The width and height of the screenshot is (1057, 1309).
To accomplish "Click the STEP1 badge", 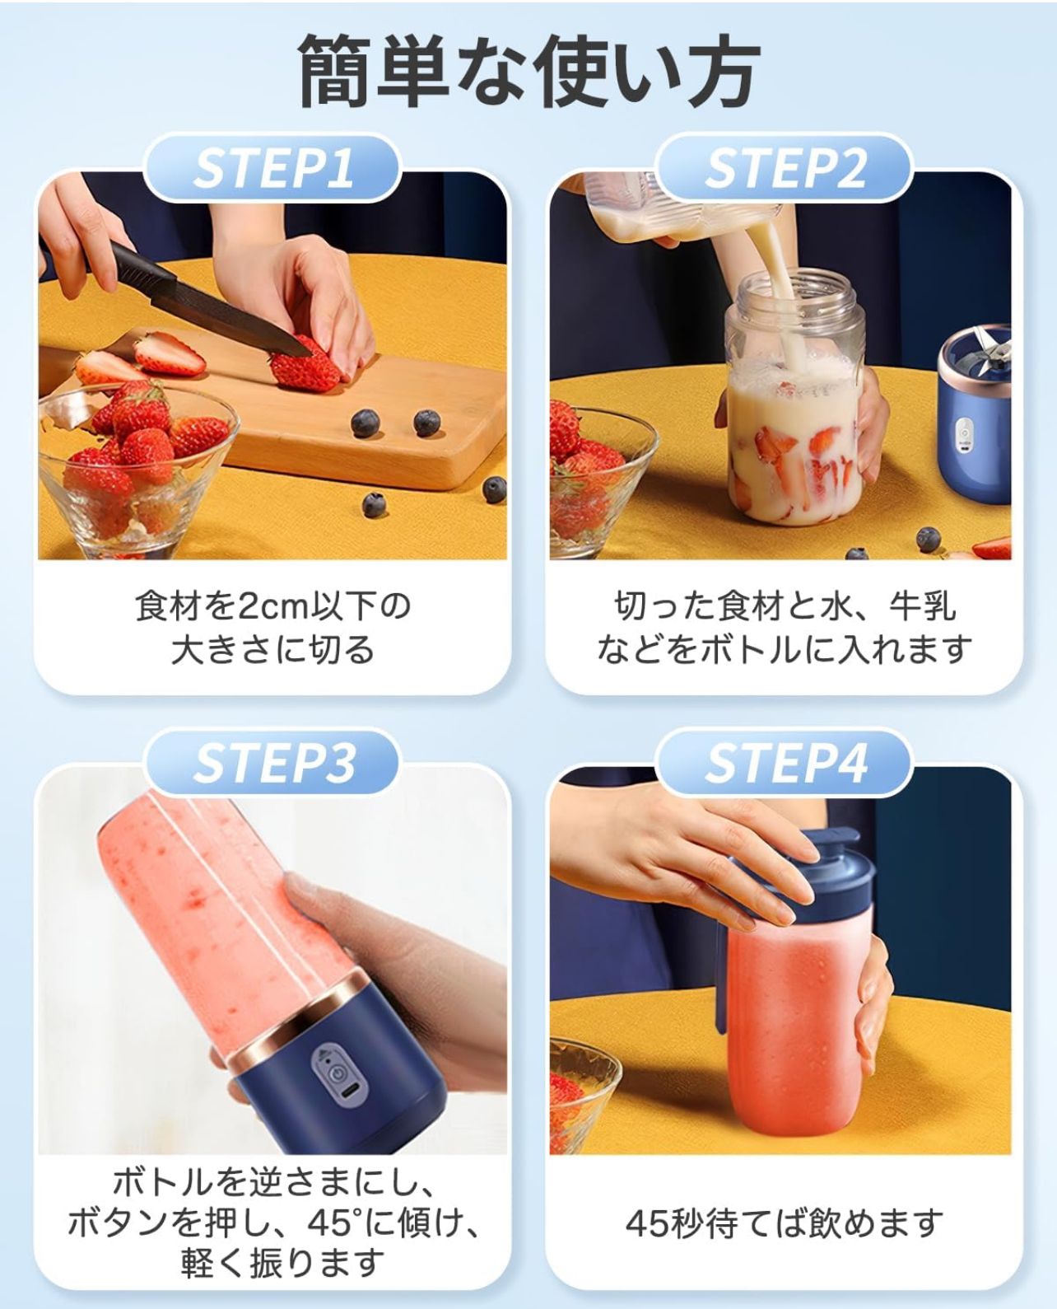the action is pos(272,168).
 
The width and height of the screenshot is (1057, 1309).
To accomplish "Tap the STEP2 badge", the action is pos(784,168).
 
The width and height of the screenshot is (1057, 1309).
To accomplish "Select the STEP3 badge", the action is pos(272,762).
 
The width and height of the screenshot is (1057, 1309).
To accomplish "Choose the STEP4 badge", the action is pos(784,762).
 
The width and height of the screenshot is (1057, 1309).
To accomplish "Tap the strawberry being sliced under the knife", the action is pos(304,367).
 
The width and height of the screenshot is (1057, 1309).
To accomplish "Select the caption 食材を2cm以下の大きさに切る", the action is pos(272,627).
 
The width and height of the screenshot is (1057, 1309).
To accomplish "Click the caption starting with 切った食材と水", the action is pos(784,627).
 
